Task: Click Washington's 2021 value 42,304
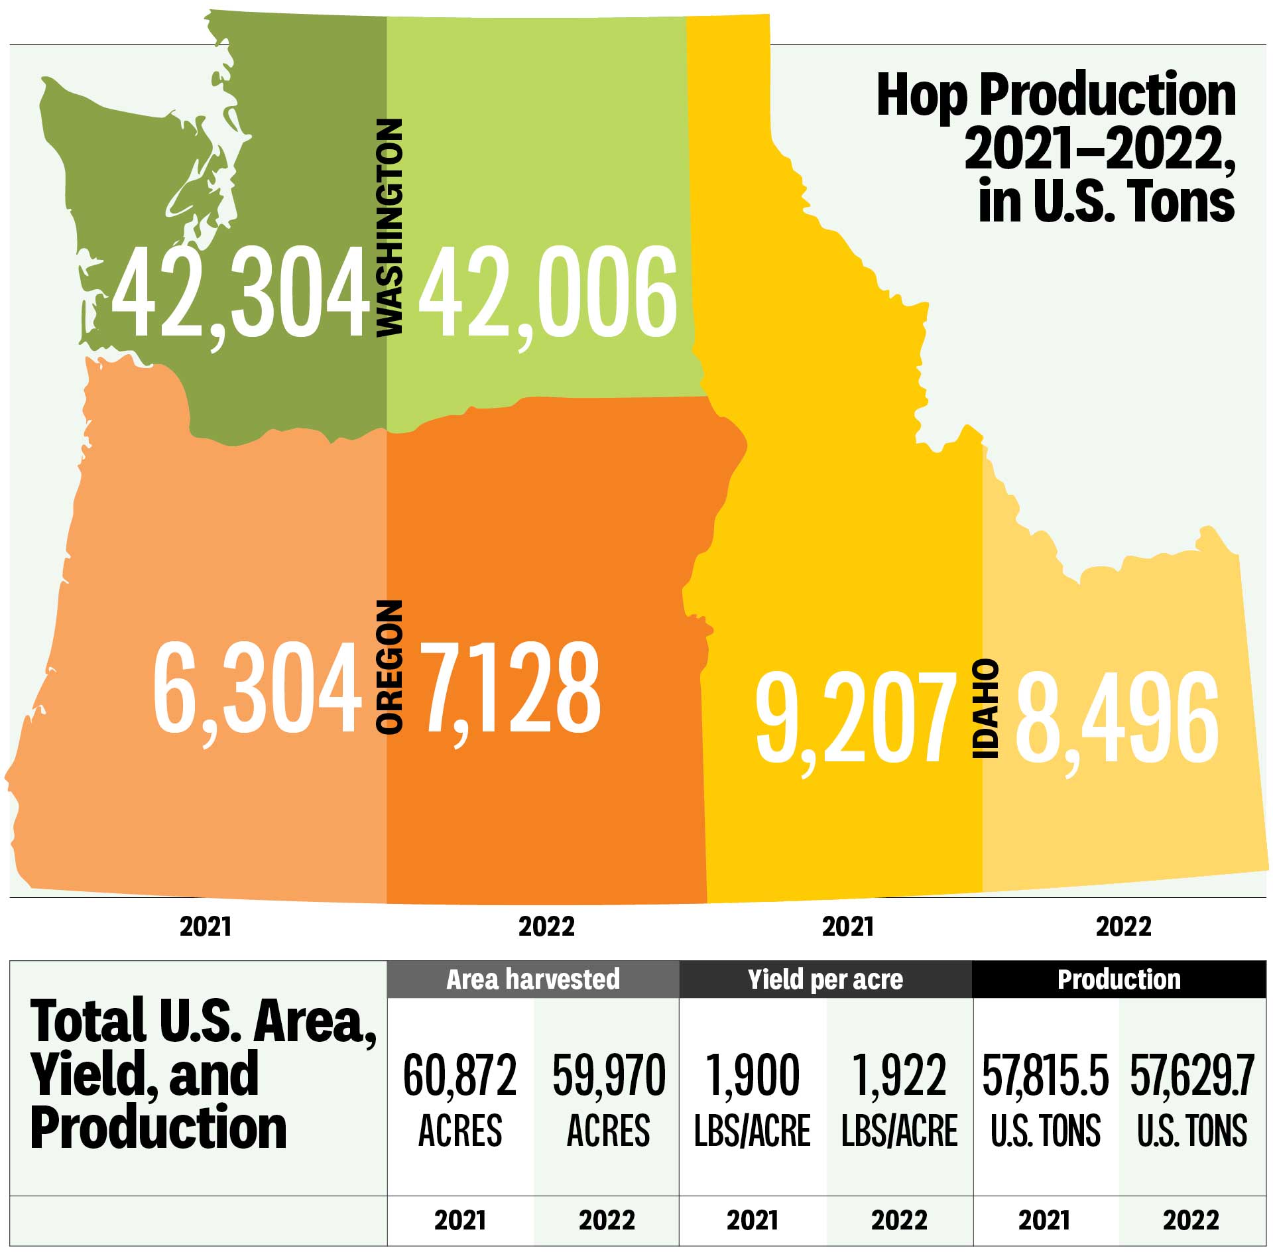click(x=240, y=292)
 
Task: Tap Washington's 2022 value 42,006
click(x=548, y=292)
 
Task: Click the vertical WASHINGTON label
click(x=389, y=227)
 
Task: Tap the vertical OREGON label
click(x=389, y=667)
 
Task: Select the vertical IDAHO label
click(x=985, y=709)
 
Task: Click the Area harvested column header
click(x=533, y=979)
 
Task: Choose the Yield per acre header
click(x=825, y=979)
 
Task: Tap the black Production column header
click(x=1119, y=979)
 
